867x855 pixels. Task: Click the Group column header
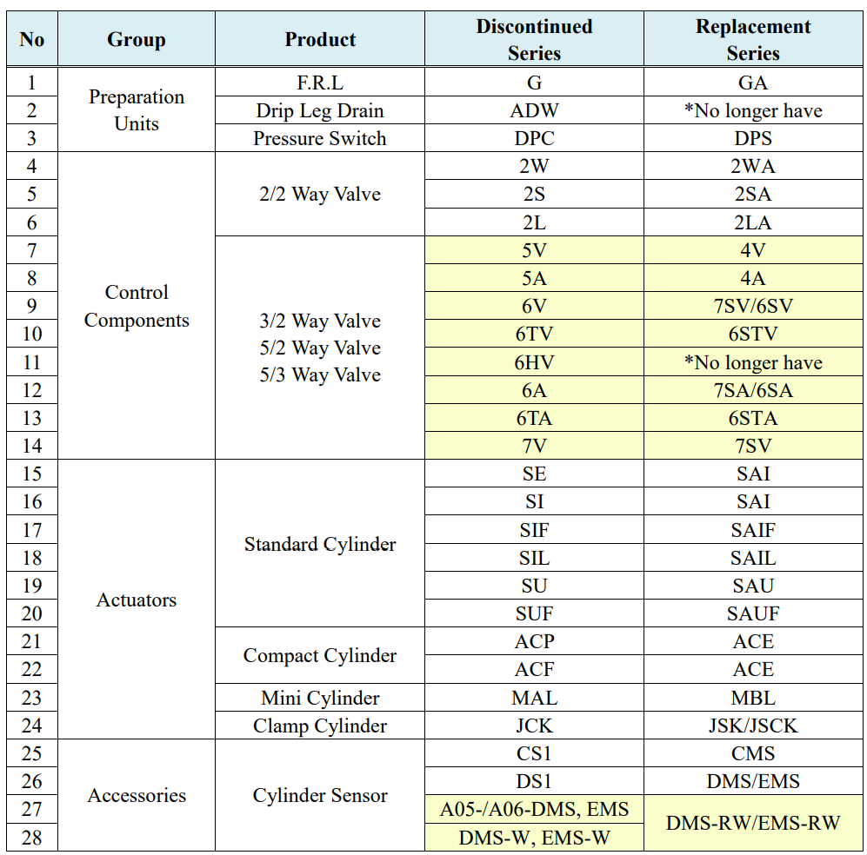pyautogui.click(x=137, y=40)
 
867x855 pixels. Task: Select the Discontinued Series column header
pyautogui.click(x=534, y=40)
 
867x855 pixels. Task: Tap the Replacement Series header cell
pyautogui.click(x=753, y=40)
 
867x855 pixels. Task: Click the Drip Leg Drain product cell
pyautogui.click(x=320, y=110)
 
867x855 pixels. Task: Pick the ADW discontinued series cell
pyautogui.click(x=534, y=110)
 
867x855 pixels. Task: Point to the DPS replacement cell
pyautogui.click(x=753, y=138)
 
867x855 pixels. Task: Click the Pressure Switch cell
pyautogui.click(x=320, y=138)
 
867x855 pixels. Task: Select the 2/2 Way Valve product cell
pyautogui.click(x=320, y=194)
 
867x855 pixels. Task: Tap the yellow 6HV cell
pyautogui.click(x=534, y=362)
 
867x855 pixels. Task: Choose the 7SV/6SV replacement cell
pyautogui.click(x=753, y=307)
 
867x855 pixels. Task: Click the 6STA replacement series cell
pyautogui.click(x=753, y=418)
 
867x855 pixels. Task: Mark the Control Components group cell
pyautogui.click(x=137, y=306)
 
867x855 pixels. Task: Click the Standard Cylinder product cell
pyautogui.click(x=320, y=544)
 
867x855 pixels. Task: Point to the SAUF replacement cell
pyautogui.click(x=753, y=613)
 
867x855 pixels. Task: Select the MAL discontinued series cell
pyautogui.click(x=534, y=698)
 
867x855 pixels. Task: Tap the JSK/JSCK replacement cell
pyautogui.click(x=753, y=726)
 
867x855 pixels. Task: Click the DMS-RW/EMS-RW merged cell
pyautogui.click(x=753, y=822)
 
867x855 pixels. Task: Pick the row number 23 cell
pyautogui.click(x=32, y=698)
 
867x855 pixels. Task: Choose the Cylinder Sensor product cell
pyautogui.click(x=320, y=795)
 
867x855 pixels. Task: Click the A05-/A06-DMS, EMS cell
pyautogui.click(x=534, y=809)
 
